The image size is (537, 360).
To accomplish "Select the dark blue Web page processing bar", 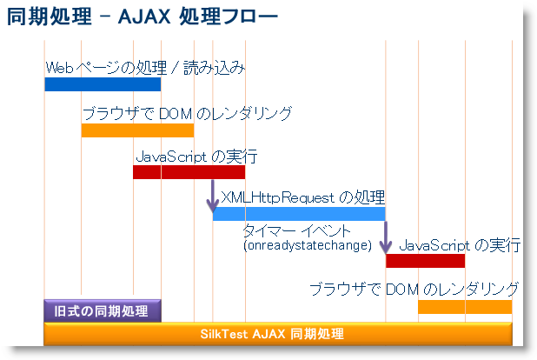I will point(103,84).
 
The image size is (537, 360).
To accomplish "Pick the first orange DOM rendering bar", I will point(137,130).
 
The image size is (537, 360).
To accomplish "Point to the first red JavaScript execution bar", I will point(189,171).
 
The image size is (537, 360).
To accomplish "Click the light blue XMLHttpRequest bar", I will point(299,214).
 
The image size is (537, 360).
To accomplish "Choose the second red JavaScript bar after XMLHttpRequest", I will point(425,261).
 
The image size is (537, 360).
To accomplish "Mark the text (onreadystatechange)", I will point(307,245).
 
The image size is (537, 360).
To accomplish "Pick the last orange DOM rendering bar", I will point(464,307).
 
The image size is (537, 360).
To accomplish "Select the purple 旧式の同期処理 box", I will point(103,310).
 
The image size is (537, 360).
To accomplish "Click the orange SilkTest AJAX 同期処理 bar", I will point(277,334).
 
